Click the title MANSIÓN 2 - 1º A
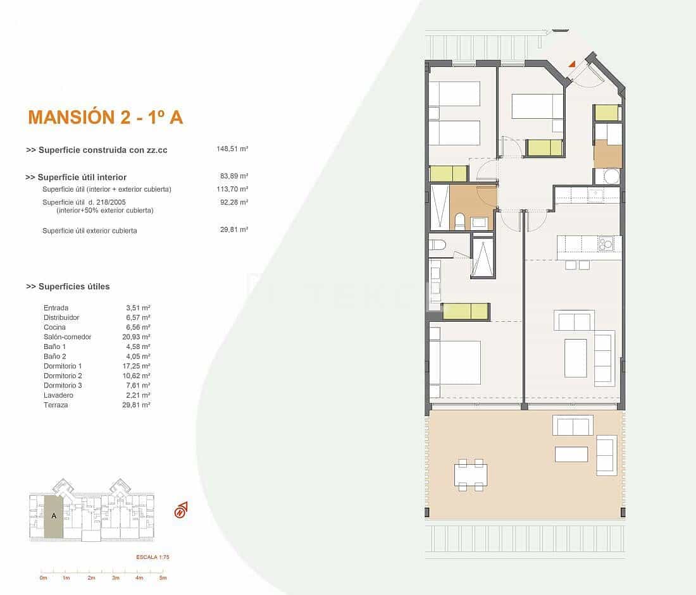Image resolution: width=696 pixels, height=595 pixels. pyautogui.click(x=106, y=117)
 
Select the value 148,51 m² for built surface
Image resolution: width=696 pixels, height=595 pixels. pyautogui.click(x=232, y=150)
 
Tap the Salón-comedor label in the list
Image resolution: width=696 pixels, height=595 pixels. pyautogui.click(x=67, y=337)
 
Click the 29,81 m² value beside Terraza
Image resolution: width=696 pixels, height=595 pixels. pyautogui.click(x=135, y=405)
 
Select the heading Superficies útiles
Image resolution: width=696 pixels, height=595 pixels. pyautogui.click(x=68, y=286)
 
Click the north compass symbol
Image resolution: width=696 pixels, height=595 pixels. pyautogui.click(x=181, y=510)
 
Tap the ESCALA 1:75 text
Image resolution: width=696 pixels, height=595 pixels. pyautogui.click(x=152, y=557)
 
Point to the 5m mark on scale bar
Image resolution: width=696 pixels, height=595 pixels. pyautogui.click(x=163, y=578)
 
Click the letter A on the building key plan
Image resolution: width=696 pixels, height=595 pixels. pyautogui.click(x=54, y=516)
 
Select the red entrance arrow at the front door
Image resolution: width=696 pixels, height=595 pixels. pyautogui.click(x=572, y=64)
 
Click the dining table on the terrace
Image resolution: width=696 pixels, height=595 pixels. pyautogui.click(x=471, y=474)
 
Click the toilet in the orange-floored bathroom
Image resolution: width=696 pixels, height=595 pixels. pyautogui.click(x=460, y=221)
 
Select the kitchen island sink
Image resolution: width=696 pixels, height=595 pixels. pyautogui.click(x=606, y=242)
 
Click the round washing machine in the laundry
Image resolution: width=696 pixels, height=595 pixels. pyautogui.click(x=611, y=176)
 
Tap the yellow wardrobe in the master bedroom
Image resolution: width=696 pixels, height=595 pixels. pyautogui.click(x=466, y=312)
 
